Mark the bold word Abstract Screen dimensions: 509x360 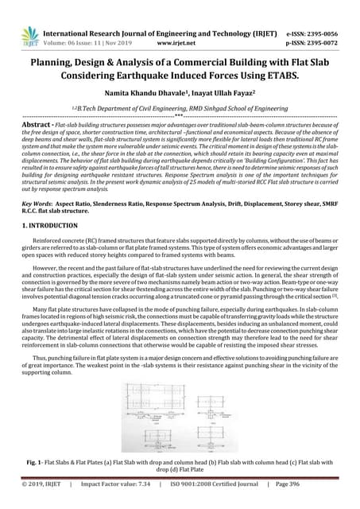[37, 125]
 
